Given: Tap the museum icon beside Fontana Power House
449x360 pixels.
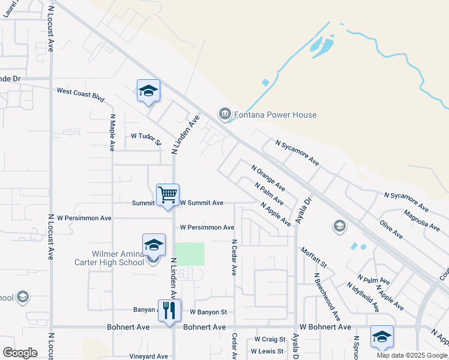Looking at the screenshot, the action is point(225,113).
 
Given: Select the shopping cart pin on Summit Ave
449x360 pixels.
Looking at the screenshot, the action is point(167,194).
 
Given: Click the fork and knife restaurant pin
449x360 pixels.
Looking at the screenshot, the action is point(169,310).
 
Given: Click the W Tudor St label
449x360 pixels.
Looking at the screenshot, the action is point(146,138).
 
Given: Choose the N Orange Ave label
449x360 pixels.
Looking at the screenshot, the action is point(268,178).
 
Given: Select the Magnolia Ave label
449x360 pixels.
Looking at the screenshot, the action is point(421,220).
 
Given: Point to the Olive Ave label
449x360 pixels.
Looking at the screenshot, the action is point(391,229).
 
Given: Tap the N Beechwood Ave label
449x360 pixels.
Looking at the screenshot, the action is point(328,296).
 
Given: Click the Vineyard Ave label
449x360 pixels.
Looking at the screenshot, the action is point(148,356).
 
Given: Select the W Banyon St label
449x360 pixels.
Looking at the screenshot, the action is point(208,312).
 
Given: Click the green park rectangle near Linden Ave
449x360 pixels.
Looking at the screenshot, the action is point(189,254).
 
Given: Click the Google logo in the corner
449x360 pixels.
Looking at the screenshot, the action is point(20,353).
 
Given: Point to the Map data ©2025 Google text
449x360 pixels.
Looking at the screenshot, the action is point(412,355).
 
